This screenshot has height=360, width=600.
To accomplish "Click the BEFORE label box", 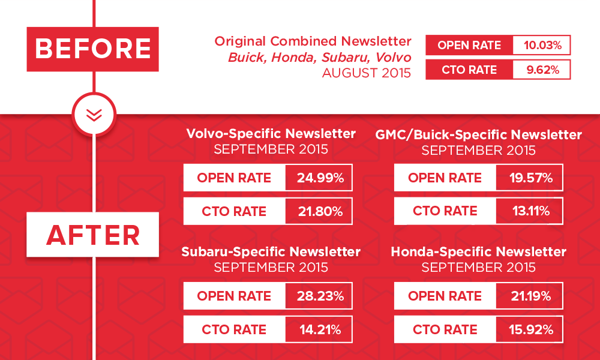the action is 92,49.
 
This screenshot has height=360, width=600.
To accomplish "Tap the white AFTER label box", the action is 92,235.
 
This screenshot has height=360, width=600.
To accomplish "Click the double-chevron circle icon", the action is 94,115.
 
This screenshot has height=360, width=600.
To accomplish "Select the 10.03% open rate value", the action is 542,45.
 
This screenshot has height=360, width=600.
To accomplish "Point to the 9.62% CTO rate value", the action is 542,70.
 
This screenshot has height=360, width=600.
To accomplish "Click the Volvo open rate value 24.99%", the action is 320,178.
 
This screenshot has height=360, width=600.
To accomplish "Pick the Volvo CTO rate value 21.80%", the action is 320,211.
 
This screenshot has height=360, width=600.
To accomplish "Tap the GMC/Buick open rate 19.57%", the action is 531,178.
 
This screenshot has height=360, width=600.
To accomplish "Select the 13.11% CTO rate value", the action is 531,211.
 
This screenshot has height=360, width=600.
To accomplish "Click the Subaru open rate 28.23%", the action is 320,296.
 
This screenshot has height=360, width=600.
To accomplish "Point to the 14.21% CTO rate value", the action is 320,329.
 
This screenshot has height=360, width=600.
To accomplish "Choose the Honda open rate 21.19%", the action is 531,296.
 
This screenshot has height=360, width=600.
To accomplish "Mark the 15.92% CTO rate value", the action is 531,329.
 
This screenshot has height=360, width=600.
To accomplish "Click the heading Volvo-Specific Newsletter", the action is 271,134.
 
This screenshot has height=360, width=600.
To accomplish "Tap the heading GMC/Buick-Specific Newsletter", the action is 478,134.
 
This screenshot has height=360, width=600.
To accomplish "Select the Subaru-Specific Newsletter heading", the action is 271,252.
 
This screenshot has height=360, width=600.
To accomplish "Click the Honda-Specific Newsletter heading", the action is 478,252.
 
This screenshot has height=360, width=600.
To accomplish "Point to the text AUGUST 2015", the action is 367,73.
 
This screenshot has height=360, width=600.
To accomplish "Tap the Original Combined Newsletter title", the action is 313,41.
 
